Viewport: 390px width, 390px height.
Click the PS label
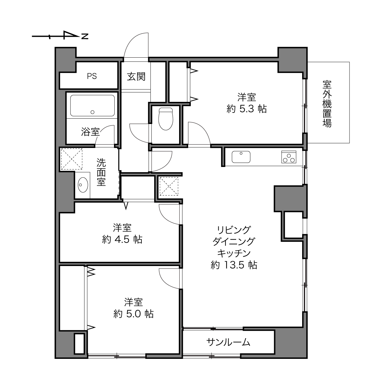tap(92, 76)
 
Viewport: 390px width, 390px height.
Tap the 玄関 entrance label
tap(136, 77)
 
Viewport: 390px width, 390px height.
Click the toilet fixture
tap(166, 119)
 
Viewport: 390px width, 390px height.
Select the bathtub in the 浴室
tap(93, 106)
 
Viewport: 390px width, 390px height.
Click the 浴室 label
tap(90, 132)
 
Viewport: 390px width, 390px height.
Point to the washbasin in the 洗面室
tap(83, 185)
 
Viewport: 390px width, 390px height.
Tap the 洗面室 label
tap(101, 172)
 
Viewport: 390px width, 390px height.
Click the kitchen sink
tap(241, 157)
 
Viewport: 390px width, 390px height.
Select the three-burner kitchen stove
tap(289, 157)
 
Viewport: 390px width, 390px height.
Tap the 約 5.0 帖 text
tap(134, 314)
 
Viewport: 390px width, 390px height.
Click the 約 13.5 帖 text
tap(234, 265)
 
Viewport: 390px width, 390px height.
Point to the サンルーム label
tap(228, 342)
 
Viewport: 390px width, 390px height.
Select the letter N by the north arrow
tap(85, 36)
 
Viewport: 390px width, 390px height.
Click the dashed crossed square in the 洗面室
tap(72, 159)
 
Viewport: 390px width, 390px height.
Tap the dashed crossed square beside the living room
tap(169, 186)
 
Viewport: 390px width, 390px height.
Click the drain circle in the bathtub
tap(93, 112)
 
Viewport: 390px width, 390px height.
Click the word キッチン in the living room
tap(234, 253)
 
